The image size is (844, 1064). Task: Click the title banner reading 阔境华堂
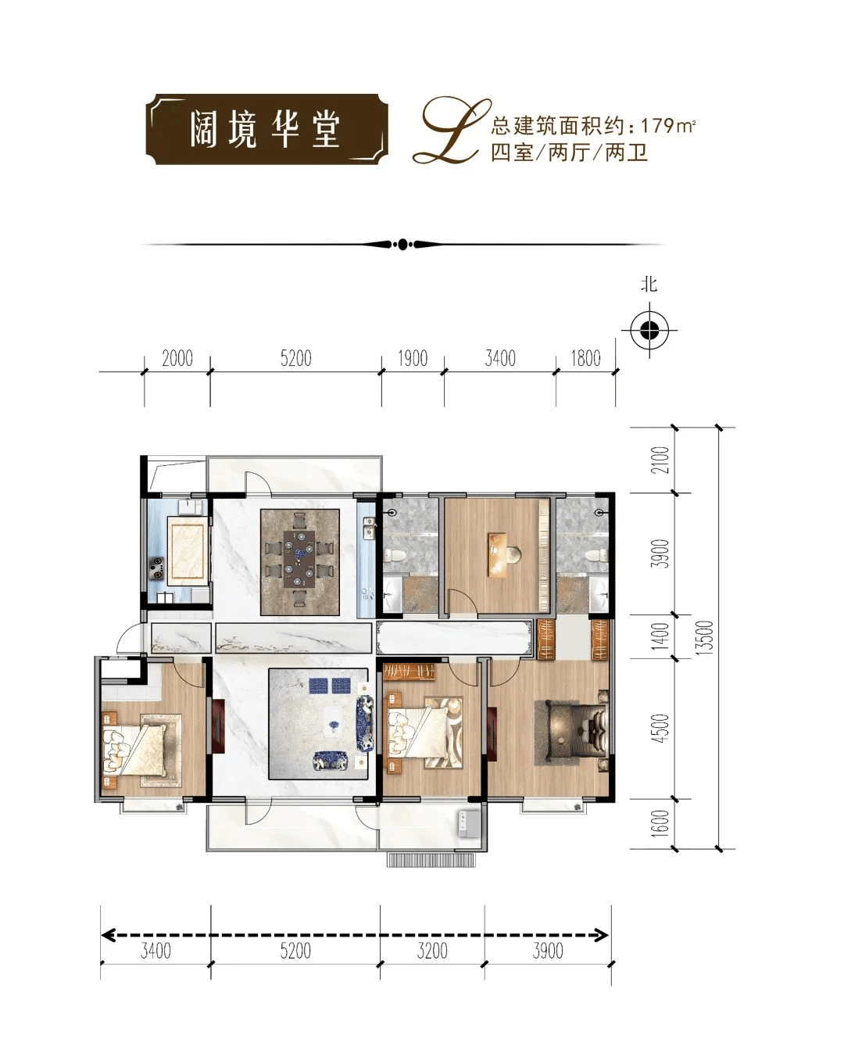(x=266, y=129)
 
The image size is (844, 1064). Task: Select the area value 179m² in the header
(x=667, y=126)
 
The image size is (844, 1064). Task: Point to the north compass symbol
(x=649, y=331)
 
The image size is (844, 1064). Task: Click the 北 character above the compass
(x=649, y=284)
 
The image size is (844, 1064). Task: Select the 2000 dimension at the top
(x=177, y=358)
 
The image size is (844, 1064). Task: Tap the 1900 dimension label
(x=412, y=358)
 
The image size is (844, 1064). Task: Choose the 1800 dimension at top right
(x=585, y=358)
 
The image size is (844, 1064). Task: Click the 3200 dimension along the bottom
(x=431, y=951)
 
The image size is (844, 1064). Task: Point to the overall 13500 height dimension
(x=706, y=637)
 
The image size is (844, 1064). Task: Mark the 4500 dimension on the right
(x=661, y=728)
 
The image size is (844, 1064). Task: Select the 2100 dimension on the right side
(x=661, y=460)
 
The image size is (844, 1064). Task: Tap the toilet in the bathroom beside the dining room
(x=395, y=556)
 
